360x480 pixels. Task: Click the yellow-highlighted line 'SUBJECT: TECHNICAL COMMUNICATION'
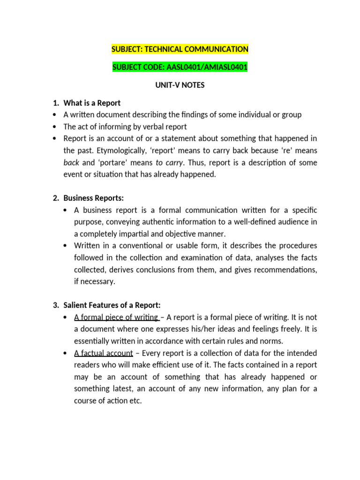180,49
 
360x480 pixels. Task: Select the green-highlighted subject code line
180,67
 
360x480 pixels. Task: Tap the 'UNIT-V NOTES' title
180,85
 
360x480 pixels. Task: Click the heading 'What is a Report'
92,103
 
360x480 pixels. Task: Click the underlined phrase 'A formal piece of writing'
116,317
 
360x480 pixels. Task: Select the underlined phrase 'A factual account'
103,353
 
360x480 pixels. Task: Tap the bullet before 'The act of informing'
55,127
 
